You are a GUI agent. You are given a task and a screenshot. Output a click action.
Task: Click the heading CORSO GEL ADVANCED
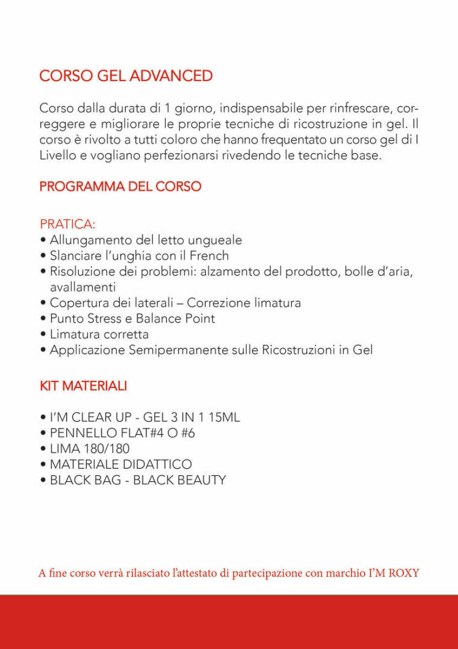126,76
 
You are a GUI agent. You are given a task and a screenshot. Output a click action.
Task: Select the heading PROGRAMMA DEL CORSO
120,186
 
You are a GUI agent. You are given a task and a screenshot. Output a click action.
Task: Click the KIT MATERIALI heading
83,386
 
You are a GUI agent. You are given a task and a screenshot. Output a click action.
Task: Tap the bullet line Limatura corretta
99,334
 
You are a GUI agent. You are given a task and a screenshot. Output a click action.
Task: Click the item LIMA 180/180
89,449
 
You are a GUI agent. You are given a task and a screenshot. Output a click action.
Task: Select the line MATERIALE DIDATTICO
121,464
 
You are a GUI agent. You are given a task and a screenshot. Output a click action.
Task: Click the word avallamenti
83,287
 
